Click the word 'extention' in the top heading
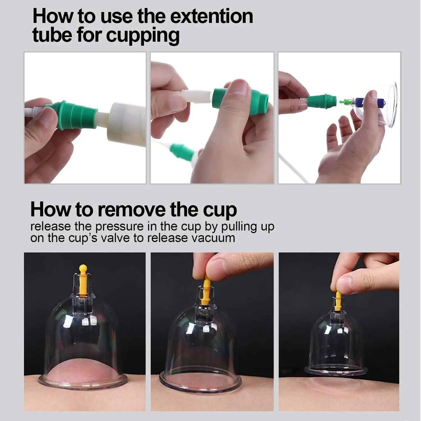pyautogui.click(x=212, y=16)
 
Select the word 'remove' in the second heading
pyautogui.click(x=131, y=210)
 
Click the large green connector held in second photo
pyautogui.click(x=225, y=98)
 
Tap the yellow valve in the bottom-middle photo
pyautogui.click(x=207, y=292)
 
